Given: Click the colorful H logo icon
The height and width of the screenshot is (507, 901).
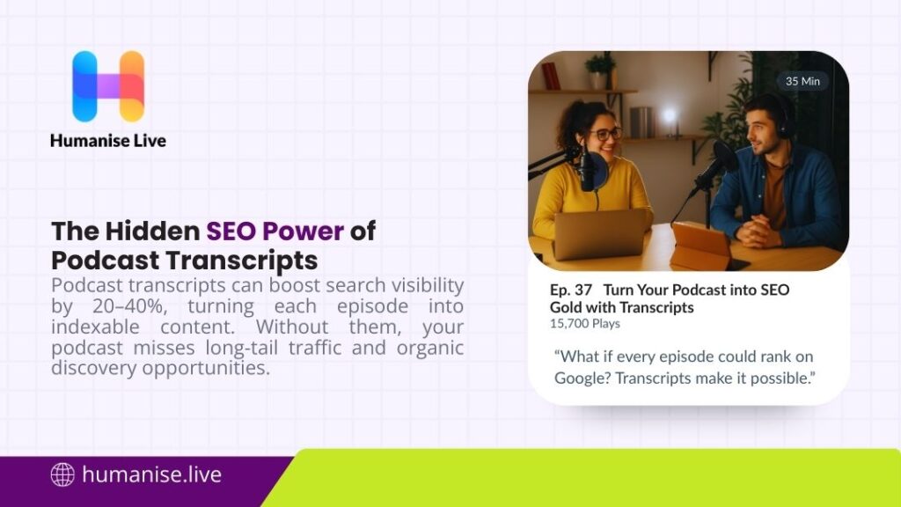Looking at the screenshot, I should (x=107, y=85).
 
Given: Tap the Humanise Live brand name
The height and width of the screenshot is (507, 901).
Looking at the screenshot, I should (x=107, y=140).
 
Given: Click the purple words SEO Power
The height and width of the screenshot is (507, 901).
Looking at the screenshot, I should (x=275, y=231).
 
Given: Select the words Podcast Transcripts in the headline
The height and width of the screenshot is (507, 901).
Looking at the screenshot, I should (x=184, y=261).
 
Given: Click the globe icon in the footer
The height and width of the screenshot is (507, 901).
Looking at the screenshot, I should (x=62, y=475).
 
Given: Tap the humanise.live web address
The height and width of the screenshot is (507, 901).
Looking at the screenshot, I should (x=151, y=475).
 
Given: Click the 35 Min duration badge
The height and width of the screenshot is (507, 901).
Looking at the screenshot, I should (x=802, y=81).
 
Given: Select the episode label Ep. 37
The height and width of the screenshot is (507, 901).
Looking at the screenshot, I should (x=572, y=289).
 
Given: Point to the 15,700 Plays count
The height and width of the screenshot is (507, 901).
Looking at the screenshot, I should (x=584, y=323).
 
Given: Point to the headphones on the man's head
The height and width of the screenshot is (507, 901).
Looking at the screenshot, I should (x=780, y=115).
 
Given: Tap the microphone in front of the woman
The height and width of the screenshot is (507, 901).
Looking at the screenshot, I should (x=586, y=166).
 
